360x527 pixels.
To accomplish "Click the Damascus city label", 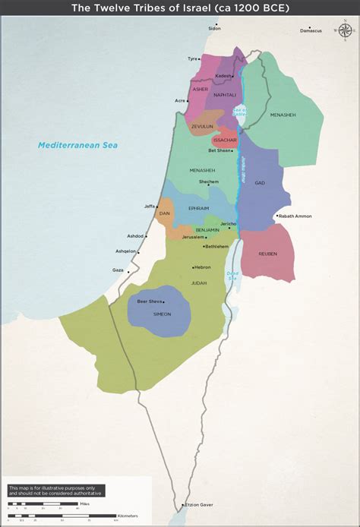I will click(x=311, y=30).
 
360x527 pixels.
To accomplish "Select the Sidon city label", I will click(x=214, y=28).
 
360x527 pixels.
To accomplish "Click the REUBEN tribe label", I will click(x=268, y=254).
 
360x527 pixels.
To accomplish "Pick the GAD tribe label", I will click(x=261, y=183).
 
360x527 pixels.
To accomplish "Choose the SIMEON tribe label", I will click(x=161, y=314).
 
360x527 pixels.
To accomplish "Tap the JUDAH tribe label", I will click(x=198, y=282).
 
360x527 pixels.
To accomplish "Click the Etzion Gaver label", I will click(x=198, y=504).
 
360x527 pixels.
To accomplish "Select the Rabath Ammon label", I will click(x=295, y=216).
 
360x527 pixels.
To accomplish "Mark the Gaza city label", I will click(x=118, y=270).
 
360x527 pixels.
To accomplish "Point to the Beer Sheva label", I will click(x=149, y=301).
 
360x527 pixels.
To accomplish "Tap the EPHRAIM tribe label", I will click(x=198, y=207).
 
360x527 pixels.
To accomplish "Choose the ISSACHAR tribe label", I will click(x=226, y=140).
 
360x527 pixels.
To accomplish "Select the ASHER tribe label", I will click(x=201, y=89).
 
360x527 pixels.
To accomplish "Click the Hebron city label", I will click(x=203, y=267).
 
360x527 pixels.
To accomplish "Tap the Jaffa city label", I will click(x=149, y=206).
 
